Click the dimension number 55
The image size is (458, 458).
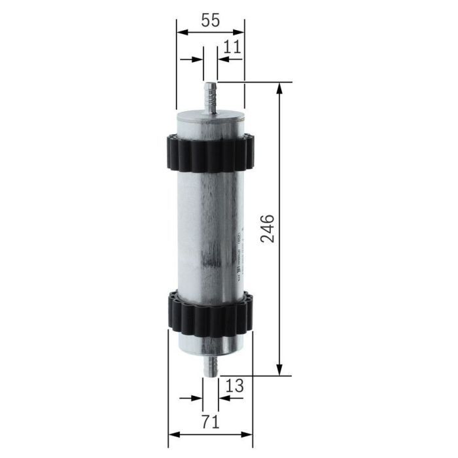[210, 20]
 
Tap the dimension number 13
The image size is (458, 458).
[235, 386]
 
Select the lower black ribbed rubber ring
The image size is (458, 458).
[210, 313]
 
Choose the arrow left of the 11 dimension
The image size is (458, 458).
[197, 58]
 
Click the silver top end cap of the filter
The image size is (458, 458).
[210, 121]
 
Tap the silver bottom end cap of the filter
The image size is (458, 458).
[210, 343]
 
